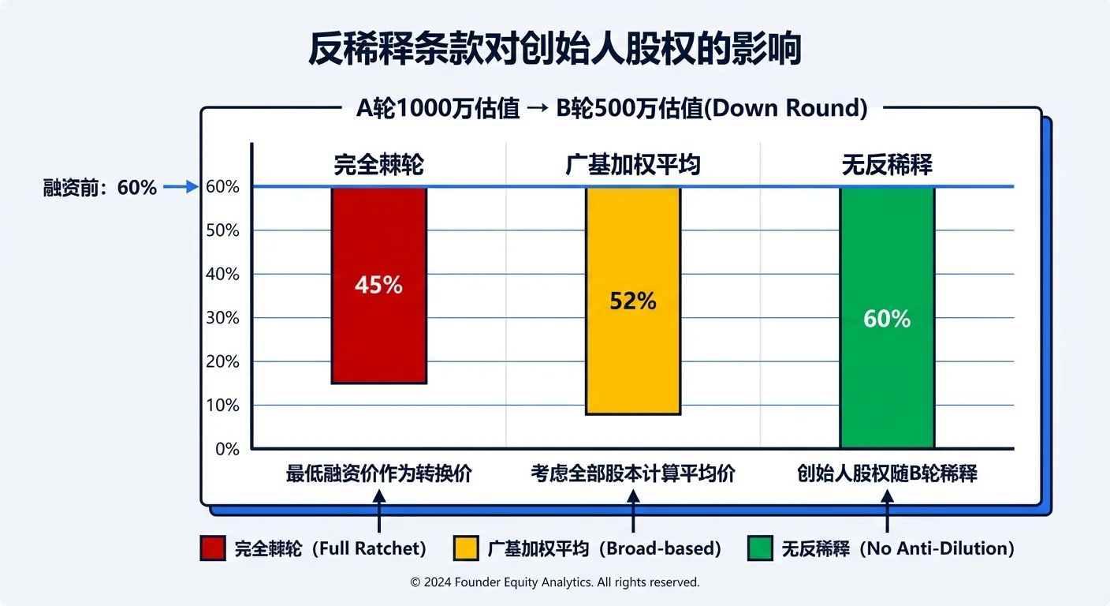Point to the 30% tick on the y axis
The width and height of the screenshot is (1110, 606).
(222, 318)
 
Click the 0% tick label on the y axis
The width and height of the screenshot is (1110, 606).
(226, 449)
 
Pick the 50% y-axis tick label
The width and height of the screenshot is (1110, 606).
(222, 230)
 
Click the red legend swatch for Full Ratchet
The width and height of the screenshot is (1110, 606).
(213, 548)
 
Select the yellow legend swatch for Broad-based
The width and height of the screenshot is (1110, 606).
(467, 548)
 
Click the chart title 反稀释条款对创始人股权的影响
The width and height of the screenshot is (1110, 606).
(554, 49)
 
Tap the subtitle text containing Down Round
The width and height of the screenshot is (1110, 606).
(612, 109)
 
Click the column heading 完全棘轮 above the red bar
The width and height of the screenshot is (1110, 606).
(378, 165)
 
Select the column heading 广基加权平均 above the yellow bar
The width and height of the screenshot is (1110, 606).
(632, 165)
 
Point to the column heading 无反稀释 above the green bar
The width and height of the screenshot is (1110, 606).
(887, 165)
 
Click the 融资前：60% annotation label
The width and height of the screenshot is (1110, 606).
(100, 188)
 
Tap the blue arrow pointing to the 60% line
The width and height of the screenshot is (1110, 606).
(180, 187)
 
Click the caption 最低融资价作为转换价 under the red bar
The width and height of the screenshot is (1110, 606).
(378, 474)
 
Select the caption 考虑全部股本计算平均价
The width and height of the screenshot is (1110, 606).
(632, 474)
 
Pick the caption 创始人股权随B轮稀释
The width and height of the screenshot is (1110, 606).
(887, 474)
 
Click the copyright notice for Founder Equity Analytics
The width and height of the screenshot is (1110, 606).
(554, 582)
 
